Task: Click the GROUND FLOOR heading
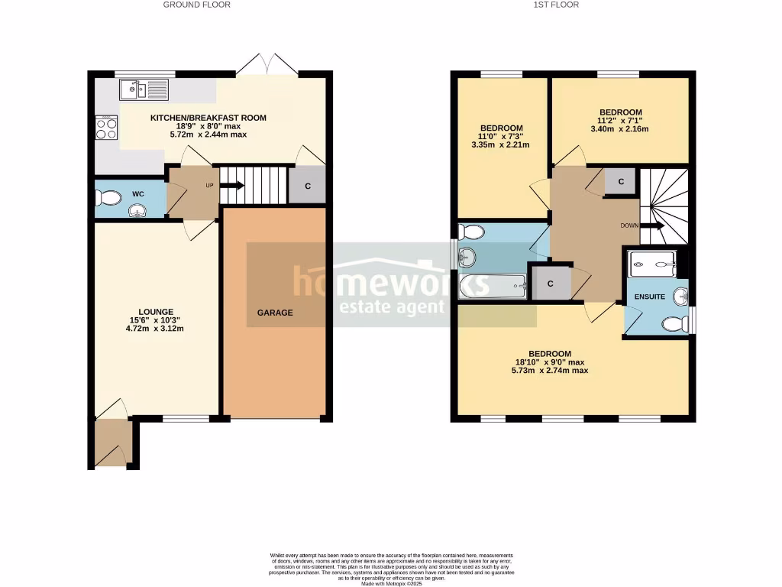click(x=196, y=5)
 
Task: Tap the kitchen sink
click(x=144, y=90)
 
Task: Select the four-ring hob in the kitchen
click(x=106, y=128)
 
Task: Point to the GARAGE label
click(x=275, y=313)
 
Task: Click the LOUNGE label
click(x=156, y=312)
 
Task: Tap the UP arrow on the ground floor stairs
click(x=232, y=185)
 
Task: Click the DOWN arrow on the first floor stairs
click(x=651, y=225)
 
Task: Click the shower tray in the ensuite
click(x=652, y=264)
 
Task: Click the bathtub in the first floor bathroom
click(x=493, y=287)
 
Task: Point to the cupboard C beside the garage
click(x=307, y=186)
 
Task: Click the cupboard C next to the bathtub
click(x=550, y=283)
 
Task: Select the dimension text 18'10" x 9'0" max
click(x=550, y=362)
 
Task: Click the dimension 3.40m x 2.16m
click(x=619, y=129)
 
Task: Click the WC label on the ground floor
click(x=138, y=194)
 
